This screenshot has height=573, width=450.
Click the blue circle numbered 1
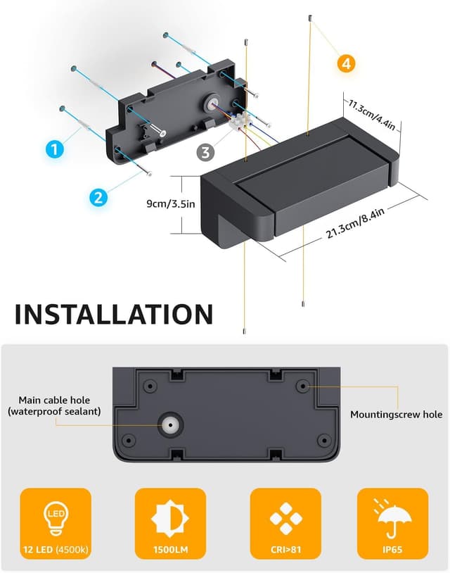[55, 149]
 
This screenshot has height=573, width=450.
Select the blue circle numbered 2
[98, 197]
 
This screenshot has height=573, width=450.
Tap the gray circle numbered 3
[205, 152]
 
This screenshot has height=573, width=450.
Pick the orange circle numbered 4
[346, 63]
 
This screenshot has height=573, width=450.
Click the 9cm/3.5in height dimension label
[171, 203]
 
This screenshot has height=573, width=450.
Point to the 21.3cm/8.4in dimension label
[355, 223]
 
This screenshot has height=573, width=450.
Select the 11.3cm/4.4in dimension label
[371, 114]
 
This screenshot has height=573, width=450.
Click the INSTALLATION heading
[114, 314]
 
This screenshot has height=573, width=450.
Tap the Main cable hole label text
[54, 405]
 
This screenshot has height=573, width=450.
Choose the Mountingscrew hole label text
[397, 415]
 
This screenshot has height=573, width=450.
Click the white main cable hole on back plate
[170, 424]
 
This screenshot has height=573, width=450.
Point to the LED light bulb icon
[56, 518]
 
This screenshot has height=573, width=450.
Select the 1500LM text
[170, 550]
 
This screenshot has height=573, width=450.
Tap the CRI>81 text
[285, 550]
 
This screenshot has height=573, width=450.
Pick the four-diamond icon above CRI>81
[285, 518]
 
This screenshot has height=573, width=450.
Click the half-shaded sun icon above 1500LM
[170, 519]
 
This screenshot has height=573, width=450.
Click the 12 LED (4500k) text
[56, 550]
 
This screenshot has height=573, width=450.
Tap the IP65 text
[392, 550]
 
